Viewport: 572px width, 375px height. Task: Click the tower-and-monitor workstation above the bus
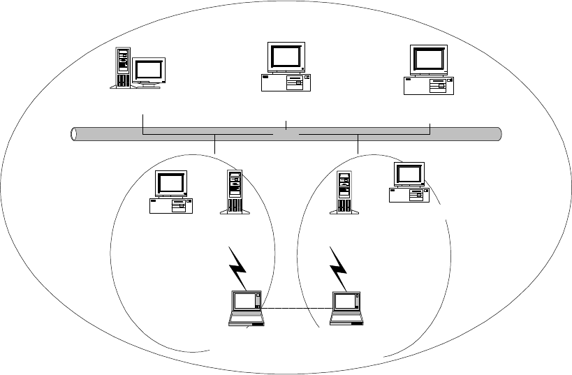pyautogui.click(x=138, y=68)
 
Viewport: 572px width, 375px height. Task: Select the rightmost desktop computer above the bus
pyautogui.click(x=429, y=70)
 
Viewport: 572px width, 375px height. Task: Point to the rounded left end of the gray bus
pyautogui.click(x=75, y=133)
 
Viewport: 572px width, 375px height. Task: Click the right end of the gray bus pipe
pyautogui.click(x=498, y=133)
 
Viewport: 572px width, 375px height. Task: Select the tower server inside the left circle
pyautogui.click(x=234, y=192)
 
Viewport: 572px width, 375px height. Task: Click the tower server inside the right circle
pyautogui.click(x=344, y=192)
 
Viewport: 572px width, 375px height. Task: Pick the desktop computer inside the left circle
pyautogui.click(x=171, y=192)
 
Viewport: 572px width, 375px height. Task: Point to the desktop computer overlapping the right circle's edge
pyautogui.click(x=409, y=183)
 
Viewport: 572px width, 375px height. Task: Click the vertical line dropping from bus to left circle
pyautogui.click(x=215, y=145)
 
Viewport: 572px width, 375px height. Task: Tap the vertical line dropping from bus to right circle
pyautogui.click(x=358, y=145)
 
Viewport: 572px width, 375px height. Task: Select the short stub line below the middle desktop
pyautogui.click(x=286, y=125)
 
